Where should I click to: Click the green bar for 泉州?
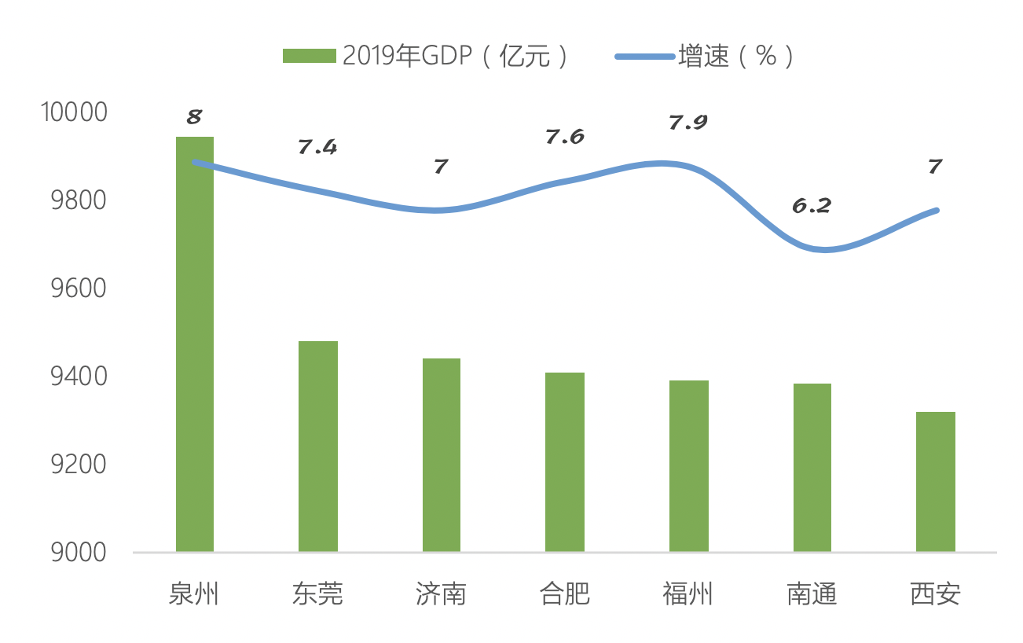[195, 346]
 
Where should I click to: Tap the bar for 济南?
[442, 455]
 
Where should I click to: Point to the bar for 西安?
[935, 482]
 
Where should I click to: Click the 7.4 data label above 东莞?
[317, 147]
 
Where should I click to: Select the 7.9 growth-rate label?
[688, 123]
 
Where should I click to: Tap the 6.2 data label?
[812, 206]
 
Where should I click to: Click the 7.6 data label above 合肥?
[565, 137]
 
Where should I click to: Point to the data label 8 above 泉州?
[194, 118]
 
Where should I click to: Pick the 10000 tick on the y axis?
[72, 112]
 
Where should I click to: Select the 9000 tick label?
[77, 553]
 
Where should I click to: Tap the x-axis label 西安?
[935, 594]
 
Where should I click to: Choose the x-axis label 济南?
[442, 594]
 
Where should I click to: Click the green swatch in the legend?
[310, 56]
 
